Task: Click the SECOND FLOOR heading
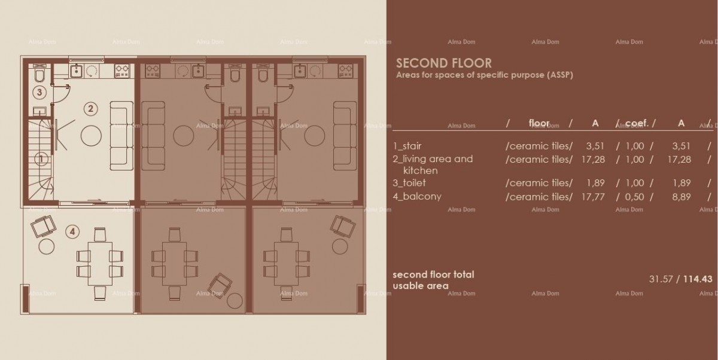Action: [443, 63]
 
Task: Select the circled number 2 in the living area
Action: [90, 109]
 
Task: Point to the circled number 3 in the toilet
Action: [39, 93]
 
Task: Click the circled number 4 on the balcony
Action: [72, 231]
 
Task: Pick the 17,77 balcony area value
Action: [595, 196]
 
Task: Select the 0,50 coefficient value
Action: [634, 196]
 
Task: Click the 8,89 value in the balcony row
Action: [681, 196]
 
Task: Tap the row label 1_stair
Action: [411, 146]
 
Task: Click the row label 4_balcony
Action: [416, 196]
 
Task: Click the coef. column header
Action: [637, 123]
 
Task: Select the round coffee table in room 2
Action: [92, 136]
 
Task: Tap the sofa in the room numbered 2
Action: [121, 135]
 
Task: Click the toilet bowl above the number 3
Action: [39, 75]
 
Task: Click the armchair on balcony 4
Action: [42, 226]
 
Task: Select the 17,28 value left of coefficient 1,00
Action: [595, 159]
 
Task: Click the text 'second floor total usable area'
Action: [433, 280]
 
